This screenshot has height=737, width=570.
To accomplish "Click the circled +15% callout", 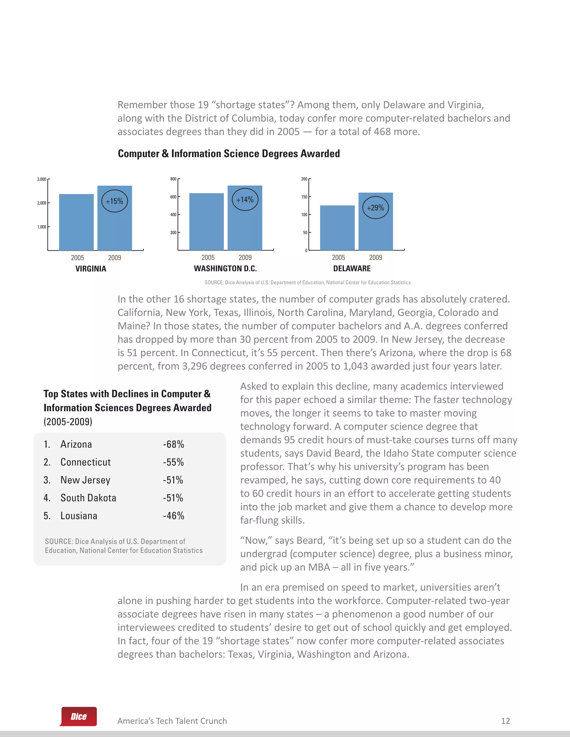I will [x=114, y=201].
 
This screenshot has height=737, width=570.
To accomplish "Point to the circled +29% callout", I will [x=375, y=207].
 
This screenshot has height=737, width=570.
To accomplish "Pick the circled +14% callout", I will [x=245, y=200].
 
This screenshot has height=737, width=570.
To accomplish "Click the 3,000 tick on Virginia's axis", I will [x=41, y=179].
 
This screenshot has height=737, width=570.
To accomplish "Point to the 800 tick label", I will [x=173, y=179].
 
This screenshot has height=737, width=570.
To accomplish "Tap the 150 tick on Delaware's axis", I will [x=304, y=197].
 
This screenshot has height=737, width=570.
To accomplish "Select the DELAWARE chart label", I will [x=352, y=269].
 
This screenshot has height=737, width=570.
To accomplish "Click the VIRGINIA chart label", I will [x=90, y=269].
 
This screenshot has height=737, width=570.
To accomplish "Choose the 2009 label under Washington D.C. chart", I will [x=245, y=258].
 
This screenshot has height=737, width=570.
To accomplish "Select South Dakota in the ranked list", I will [x=88, y=498].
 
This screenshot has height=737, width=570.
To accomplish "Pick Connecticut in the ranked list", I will [x=85, y=462].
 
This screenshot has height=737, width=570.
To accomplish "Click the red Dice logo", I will [x=79, y=716].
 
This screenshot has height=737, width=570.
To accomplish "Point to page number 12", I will [x=505, y=721].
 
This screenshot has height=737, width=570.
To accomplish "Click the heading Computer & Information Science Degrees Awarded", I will [x=229, y=154].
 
